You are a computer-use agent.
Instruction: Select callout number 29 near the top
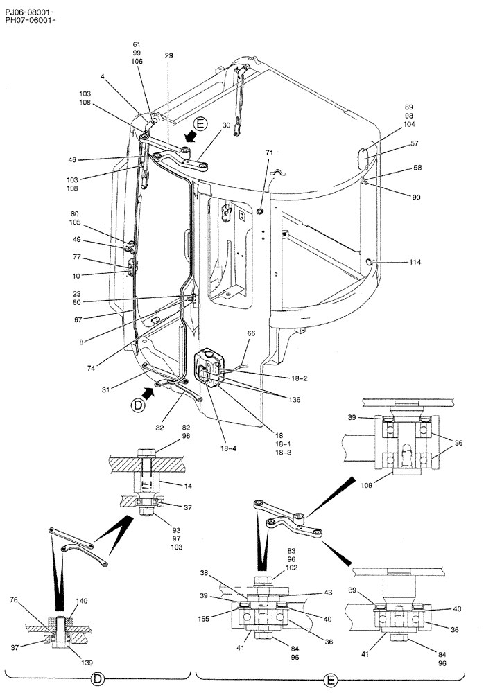(168, 55)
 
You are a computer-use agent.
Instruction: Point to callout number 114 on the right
(415, 263)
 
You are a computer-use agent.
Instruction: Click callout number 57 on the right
(414, 143)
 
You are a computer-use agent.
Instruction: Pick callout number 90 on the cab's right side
(416, 198)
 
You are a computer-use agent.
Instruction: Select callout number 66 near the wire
(251, 333)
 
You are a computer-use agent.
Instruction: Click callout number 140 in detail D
(82, 602)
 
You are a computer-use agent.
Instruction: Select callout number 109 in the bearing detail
(367, 486)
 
